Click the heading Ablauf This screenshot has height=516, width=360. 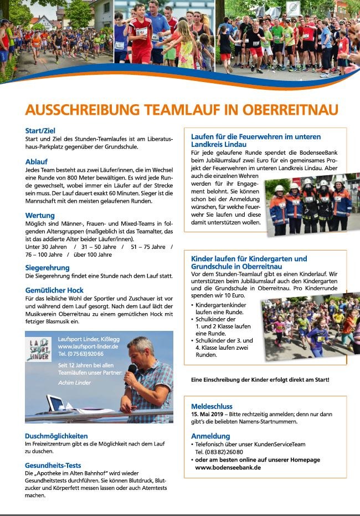(36, 161)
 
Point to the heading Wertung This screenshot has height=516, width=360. (40, 215)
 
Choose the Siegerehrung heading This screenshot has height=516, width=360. (47, 268)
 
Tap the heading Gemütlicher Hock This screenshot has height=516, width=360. (54, 290)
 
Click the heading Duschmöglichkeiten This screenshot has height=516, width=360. (56, 436)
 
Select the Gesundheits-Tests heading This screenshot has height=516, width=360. (54, 465)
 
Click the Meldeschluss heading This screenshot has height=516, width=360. (212, 406)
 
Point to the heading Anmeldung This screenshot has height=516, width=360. (210, 436)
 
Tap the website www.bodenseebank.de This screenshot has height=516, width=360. (228, 467)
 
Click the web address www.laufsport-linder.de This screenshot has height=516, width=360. (88, 346)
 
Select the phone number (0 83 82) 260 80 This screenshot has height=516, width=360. (219, 452)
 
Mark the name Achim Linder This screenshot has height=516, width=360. (74, 382)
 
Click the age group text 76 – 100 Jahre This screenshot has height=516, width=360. (44, 255)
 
